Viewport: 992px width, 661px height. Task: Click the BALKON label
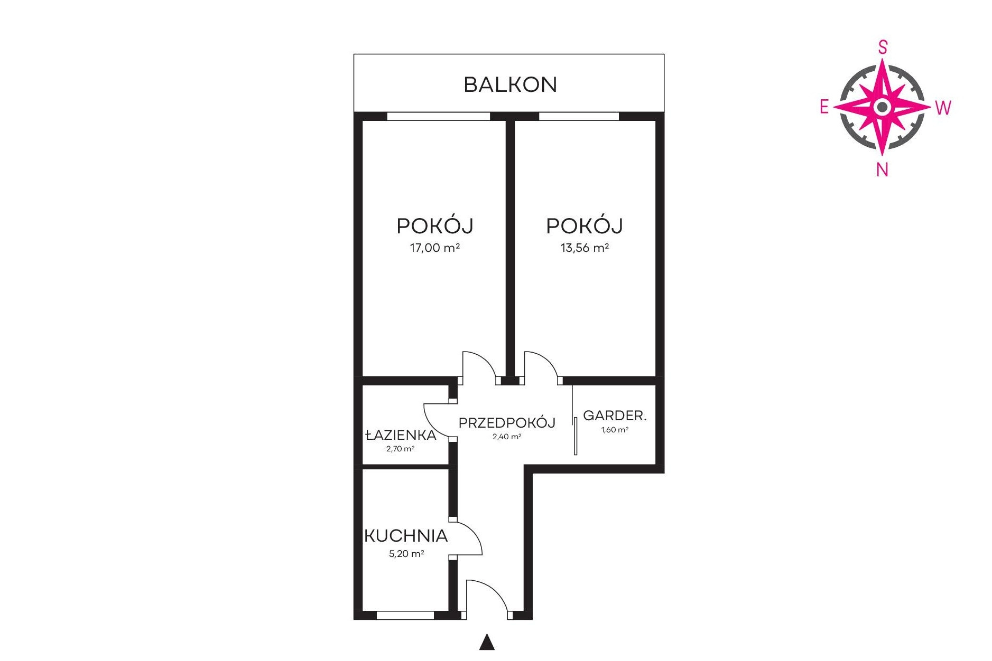pos(510,84)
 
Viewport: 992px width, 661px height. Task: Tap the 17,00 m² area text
pos(435,248)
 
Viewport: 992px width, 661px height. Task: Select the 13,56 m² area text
pos(585,248)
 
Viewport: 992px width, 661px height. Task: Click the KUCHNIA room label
pos(406,536)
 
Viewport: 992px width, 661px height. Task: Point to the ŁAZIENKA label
pos(401,435)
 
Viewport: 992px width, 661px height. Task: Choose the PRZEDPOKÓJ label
pos(507,422)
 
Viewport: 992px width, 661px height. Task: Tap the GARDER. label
pos(615,416)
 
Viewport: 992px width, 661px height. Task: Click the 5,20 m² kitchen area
pos(406,554)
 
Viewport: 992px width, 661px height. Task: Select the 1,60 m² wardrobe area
pos(615,430)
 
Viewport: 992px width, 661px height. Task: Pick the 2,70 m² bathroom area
pos(400,449)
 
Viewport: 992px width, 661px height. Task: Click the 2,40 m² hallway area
pos(507,437)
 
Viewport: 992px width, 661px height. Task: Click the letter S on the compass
pos(883,48)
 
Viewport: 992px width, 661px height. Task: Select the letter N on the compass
pos(882,169)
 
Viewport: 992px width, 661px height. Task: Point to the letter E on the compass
pos(824,107)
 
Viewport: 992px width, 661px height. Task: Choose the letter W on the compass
pos(943,108)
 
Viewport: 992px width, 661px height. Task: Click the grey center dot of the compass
pos(882,107)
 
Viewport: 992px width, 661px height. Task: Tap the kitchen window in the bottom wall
pos(405,615)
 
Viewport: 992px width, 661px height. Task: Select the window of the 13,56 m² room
pos(579,116)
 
